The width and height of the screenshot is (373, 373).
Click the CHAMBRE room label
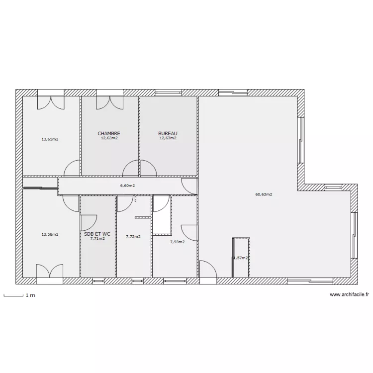pyautogui.click(x=109, y=133)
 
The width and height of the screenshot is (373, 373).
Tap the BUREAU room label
pyautogui.click(x=168, y=133)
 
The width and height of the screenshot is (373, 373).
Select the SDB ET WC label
pyautogui.click(x=97, y=233)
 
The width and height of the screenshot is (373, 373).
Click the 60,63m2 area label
pyautogui.click(x=264, y=194)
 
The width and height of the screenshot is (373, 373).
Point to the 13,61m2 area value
pyautogui.click(x=50, y=139)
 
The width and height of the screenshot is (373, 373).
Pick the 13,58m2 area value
pyautogui.click(x=50, y=234)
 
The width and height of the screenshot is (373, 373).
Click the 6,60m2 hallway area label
pyautogui.click(x=127, y=186)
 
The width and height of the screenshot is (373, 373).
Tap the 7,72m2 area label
pyautogui.click(x=133, y=237)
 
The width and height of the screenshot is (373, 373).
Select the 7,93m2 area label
pyautogui.click(x=177, y=242)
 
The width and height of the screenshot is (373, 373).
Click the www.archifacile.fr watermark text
pyautogui.click(x=349, y=294)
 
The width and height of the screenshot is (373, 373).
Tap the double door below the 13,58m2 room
pyautogui.click(x=50, y=272)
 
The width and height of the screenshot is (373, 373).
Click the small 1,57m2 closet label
pyautogui.click(x=240, y=258)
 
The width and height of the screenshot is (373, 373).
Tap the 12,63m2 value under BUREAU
pyautogui.click(x=168, y=138)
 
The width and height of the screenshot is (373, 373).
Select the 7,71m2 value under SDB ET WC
pyautogui.click(x=97, y=239)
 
